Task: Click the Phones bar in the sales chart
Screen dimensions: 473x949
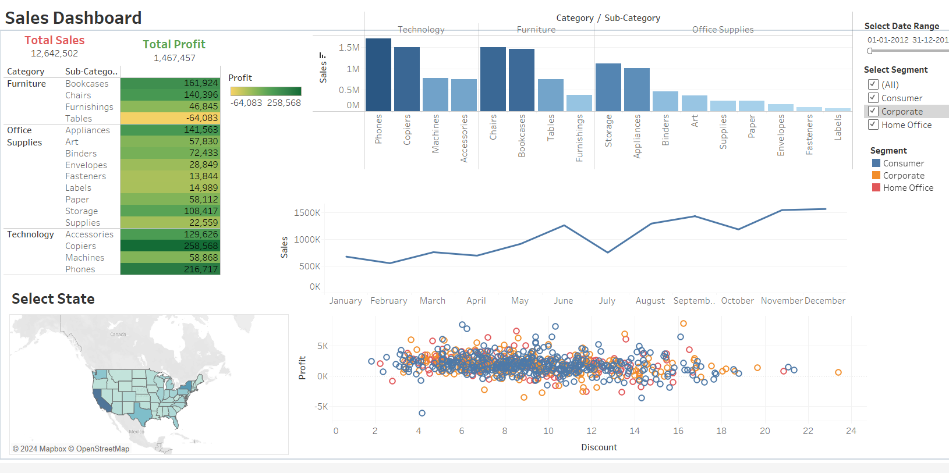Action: [x=378, y=74]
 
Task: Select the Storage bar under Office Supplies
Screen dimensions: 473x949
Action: [x=608, y=87]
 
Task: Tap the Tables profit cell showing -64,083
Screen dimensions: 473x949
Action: [x=170, y=118]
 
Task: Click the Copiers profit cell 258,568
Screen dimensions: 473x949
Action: [x=170, y=246]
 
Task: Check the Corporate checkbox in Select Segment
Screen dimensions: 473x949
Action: [x=873, y=111]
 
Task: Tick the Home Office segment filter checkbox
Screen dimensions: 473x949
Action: [x=873, y=125]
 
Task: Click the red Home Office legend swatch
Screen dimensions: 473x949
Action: [x=876, y=187]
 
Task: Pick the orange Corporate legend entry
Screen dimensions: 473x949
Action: [x=903, y=176]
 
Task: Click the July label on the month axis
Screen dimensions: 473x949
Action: [x=607, y=301]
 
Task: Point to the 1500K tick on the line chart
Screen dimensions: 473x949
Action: [x=307, y=213]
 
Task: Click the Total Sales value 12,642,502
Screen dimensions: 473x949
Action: [x=54, y=54]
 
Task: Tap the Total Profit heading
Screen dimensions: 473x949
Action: [x=174, y=44]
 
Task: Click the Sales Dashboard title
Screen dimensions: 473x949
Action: [x=73, y=18]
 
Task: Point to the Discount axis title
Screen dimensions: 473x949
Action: [x=599, y=447]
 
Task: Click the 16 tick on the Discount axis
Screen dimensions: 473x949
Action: [x=678, y=431]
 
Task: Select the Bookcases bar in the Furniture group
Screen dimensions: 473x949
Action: [x=521, y=80]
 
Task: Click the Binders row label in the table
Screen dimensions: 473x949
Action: [x=81, y=154]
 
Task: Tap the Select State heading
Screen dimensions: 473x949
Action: [x=53, y=299]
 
